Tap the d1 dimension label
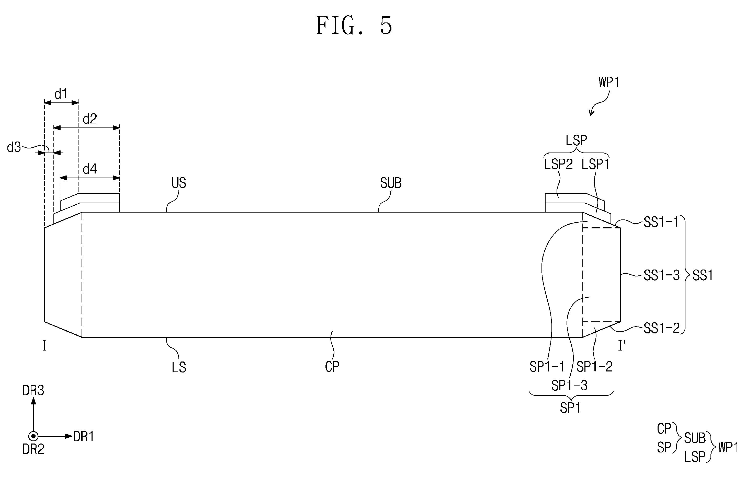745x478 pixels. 61,94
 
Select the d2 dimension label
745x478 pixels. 90,119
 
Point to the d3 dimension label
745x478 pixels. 14,147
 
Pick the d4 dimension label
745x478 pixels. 90,169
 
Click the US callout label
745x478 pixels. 179,183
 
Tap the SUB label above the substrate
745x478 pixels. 391,183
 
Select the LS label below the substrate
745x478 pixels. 179,367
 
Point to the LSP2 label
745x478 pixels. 558,164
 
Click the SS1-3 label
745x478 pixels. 662,275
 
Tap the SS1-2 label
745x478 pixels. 662,328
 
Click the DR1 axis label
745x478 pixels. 84,436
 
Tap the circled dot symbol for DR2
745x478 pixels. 33,436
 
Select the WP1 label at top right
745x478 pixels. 609,82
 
